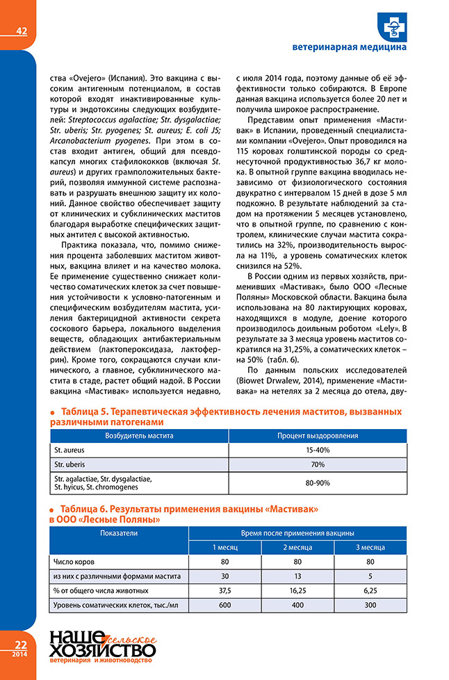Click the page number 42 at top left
coord(21,30)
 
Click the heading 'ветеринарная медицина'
coord(350,48)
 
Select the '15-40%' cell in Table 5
coord(318,451)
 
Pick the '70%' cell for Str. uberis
coord(318,465)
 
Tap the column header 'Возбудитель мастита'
coord(139,435)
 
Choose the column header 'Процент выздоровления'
coord(318,435)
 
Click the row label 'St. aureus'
coord(69,451)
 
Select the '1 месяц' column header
coord(224,547)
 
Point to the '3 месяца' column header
coord(370,547)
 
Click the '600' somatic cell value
coord(224,606)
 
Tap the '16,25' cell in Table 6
coord(297,591)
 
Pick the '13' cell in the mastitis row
coord(297,576)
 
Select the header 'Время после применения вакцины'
coord(297,533)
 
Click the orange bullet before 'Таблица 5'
coord(52,412)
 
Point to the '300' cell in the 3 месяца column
coord(370,606)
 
